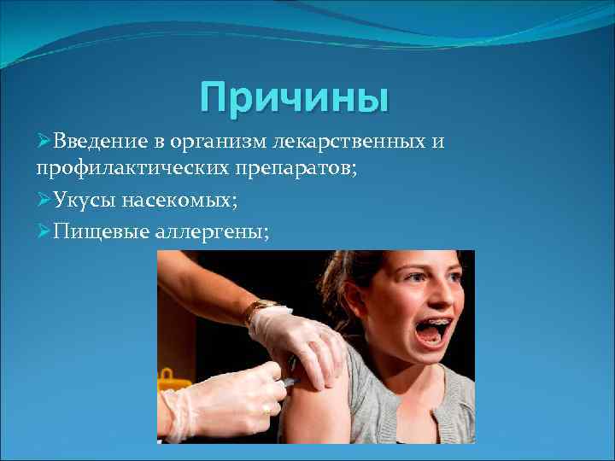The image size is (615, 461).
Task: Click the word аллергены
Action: (x=212, y=230)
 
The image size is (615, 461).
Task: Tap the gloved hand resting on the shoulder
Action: (x=299, y=337)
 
